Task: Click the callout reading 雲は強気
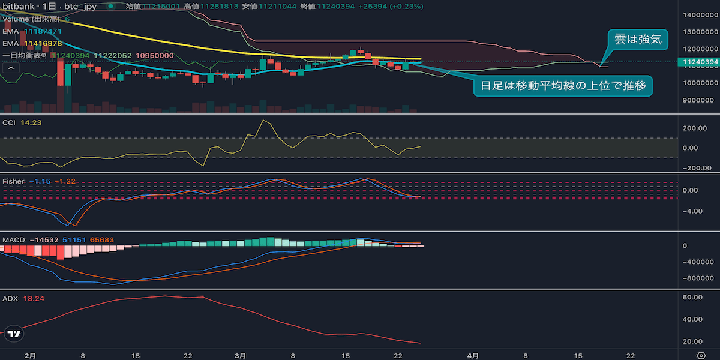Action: (x=638, y=39)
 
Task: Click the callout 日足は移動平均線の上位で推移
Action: (x=563, y=86)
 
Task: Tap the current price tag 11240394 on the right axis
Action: (x=697, y=62)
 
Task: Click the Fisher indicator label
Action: (x=13, y=181)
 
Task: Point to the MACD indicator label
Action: (x=14, y=240)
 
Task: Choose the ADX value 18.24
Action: (x=33, y=298)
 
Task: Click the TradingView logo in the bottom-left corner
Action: (x=16, y=334)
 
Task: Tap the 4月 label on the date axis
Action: (x=473, y=355)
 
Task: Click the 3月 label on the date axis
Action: (x=241, y=355)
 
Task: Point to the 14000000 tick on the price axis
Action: (x=697, y=14)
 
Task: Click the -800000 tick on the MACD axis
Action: (x=697, y=278)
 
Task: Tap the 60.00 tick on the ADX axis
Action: (x=693, y=298)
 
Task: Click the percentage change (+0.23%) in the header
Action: (x=408, y=7)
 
